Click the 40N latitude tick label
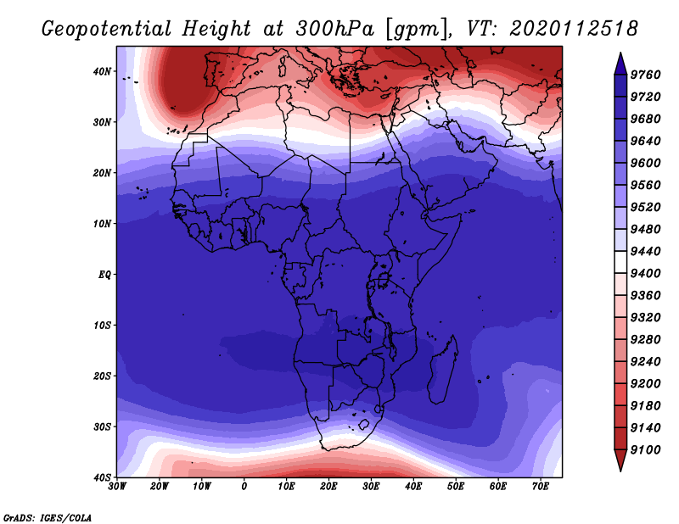[x=102, y=71]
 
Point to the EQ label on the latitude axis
[x=104, y=275]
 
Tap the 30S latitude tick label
[x=102, y=427]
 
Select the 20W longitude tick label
[x=160, y=487]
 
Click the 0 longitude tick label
[x=244, y=487]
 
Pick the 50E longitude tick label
[x=456, y=487]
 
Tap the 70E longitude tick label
[x=540, y=487]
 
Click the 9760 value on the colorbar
[x=645, y=75]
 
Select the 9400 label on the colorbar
[x=645, y=274]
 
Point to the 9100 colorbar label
[x=645, y=450]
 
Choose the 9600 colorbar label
[x=645, y=163]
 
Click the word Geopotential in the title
[x=107, y=29]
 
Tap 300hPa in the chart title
[x=334, y=29]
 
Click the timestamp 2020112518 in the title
[x=574, y=29]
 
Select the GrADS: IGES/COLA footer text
[x=48, y=518]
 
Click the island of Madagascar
[x=442, y=371]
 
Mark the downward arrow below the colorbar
[x=620, y=460]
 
